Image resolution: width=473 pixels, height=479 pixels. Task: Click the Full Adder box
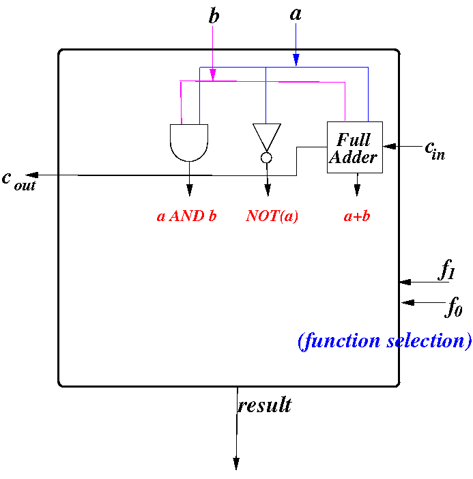[x=355, y=147]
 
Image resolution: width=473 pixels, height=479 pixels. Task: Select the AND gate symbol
[x=189, y=143]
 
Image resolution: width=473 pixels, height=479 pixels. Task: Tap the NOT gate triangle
[x=266, y=137]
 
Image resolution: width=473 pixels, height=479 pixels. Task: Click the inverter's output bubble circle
[x=266, y=158]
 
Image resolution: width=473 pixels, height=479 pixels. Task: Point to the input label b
[x=214, y=16]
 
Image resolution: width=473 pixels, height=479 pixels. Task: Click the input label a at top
[x=296, y=14]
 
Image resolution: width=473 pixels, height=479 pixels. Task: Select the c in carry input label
[x=435, y=151]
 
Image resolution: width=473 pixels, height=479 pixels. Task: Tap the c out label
[x=19, y=181]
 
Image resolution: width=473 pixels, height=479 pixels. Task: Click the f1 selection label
[x=446, y=269]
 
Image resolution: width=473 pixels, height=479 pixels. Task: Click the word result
[x=265, y=405]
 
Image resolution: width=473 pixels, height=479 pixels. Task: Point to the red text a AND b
[x=187, y=216]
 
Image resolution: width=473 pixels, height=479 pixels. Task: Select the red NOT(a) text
[x=272, y=216]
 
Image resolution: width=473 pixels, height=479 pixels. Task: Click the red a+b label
[x=357, y=216]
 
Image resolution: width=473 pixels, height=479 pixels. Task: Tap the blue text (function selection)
[x=385, y=341]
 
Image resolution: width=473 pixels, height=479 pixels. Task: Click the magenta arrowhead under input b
[x=213, y=74]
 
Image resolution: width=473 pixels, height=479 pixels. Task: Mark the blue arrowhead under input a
[x=296, y=60]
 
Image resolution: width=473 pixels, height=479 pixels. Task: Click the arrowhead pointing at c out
[x=32, y=175]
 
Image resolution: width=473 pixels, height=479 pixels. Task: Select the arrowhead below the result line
[x=236, y=464]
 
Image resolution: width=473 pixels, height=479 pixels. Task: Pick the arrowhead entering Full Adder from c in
[x=389, y=146]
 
